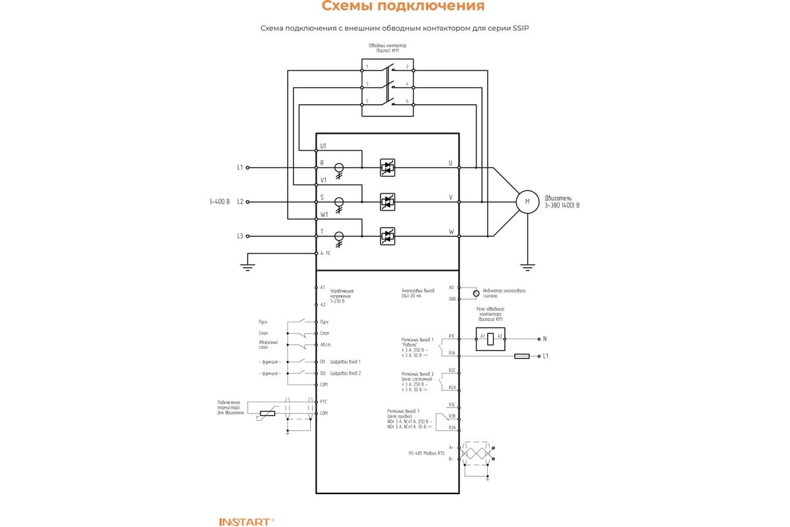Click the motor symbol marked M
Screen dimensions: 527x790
click(527, 201)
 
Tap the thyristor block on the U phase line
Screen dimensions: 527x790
click(388, 168)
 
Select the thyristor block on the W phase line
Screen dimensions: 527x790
click(388, 235)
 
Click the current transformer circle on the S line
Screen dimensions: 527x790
click(340, 202)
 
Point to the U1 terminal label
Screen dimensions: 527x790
click(323, 146)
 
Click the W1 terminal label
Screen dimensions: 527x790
click(323, 214)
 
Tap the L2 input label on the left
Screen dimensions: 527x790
click(240, 201)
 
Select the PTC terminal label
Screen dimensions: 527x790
click(323, 401)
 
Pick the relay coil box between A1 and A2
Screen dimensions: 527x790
click(490, 339)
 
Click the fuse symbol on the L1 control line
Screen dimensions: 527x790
click(521, 356)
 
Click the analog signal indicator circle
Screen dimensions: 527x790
click(475, 291)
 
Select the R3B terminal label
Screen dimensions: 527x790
click(452, 416)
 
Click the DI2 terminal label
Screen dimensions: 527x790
click(323, 374)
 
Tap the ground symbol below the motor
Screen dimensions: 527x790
click(527, 267)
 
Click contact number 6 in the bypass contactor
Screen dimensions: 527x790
click(407, 101)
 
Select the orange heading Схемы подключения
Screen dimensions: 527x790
click(403, 7)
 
